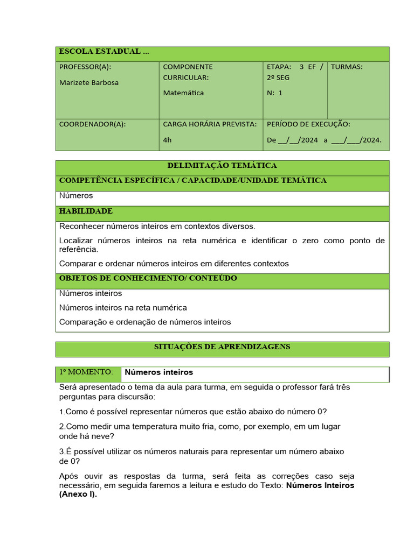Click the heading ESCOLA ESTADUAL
[x=103, y=52]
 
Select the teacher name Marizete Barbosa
[x=88, y=83]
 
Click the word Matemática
[x=183, y=93]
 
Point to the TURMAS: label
[x=346, y=67]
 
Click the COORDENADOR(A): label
[x=92, y=124]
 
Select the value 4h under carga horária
[x=167, y=140]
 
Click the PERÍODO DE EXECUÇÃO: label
[x=308, y=124]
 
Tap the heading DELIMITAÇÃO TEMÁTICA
[x=222, y=166]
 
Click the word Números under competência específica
[x=76, y=196]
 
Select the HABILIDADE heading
[x=86, y=211]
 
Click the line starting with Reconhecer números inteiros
[x=157, y=227]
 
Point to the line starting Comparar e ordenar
[x=174, y=264]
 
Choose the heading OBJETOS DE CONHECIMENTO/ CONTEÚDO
[x=148, y=279]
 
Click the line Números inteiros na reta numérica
[x=123, y=308]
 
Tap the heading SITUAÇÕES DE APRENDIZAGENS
[x=222, y=347]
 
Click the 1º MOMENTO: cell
[x=86, y=372]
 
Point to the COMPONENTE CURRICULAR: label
[x=188, y=72]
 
